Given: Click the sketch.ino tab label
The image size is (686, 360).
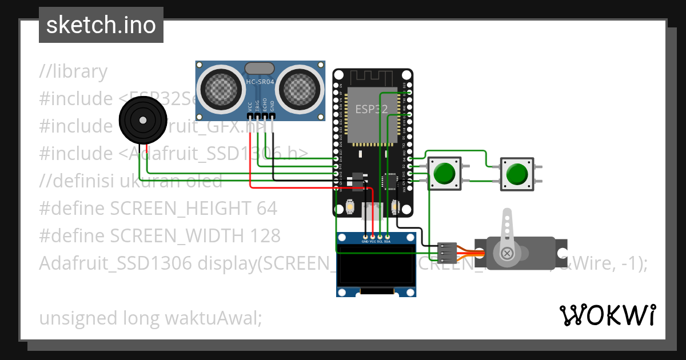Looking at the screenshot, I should tap(101, 25).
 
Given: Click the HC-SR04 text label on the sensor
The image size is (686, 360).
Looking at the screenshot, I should tap(260, 82).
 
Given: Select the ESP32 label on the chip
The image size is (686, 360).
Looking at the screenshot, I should tap(372, 109).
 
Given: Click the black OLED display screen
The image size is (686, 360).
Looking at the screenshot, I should tap(376, 266).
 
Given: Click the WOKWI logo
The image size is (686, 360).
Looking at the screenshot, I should tap(607, 315).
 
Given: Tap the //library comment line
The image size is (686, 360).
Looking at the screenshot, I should tap(73, 71).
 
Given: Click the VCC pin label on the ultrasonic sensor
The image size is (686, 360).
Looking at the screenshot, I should tap(250, 107).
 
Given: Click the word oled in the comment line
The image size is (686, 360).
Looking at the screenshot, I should tap(204, 181).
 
